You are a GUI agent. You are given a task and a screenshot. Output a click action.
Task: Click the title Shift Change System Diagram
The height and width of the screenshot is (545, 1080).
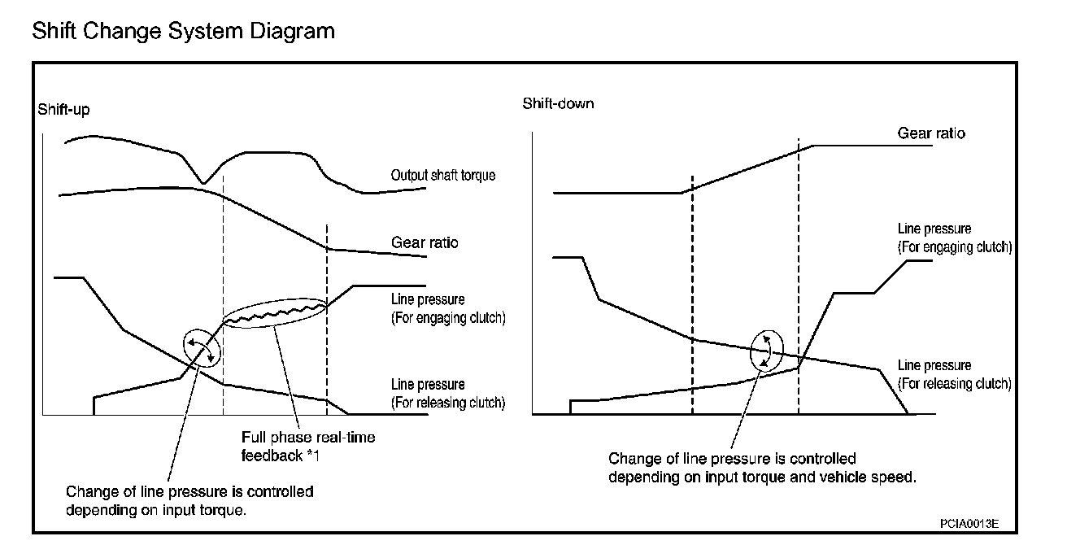[183, 32]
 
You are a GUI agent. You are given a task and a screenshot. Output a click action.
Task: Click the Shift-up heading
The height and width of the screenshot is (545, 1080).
[63, 110]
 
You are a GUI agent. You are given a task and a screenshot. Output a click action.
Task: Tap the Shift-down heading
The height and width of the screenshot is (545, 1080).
[558, 103]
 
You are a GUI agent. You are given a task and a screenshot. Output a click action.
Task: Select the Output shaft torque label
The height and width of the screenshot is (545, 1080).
[442, 175]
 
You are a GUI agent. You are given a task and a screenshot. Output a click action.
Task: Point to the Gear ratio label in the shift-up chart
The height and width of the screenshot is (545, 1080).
[425, 242]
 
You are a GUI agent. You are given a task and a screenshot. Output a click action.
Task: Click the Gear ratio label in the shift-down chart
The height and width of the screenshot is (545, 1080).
[931, 133]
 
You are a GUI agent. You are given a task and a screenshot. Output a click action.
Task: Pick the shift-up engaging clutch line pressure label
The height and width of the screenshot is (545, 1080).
[448, 309]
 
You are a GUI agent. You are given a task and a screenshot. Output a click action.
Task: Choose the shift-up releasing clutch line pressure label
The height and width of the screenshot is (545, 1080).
[448, 394]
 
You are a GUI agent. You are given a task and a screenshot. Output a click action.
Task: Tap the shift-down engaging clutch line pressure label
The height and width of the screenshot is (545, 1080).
[954, 238]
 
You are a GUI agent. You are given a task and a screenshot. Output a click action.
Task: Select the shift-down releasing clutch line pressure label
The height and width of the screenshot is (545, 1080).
[954, 374]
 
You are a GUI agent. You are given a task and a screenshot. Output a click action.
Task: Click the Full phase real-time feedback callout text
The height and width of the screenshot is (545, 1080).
[308, 447]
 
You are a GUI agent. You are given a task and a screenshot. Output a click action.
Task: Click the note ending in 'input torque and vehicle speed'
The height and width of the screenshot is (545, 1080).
[762, 469]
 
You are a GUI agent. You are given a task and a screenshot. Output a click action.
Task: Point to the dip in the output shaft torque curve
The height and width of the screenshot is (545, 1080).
[203, 181]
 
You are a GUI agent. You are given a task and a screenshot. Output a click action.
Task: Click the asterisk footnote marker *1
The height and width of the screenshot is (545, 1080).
[313, 456]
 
